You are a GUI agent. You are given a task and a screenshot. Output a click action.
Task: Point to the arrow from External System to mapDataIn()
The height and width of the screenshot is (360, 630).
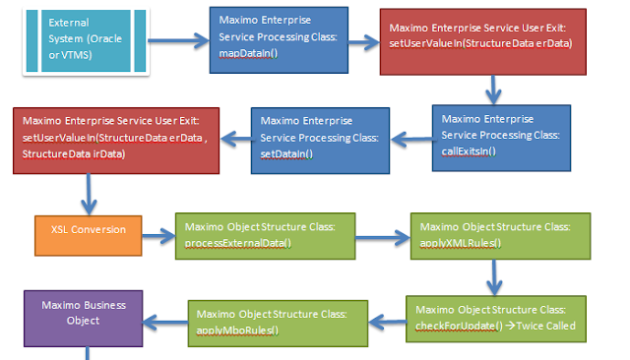[x=183, y=42]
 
